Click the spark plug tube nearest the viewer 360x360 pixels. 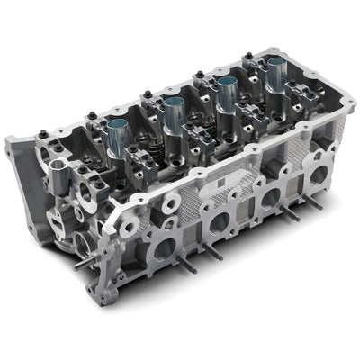point(119,136)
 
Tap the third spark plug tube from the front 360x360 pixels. point(227,93)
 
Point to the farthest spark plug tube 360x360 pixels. point(277,74)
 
